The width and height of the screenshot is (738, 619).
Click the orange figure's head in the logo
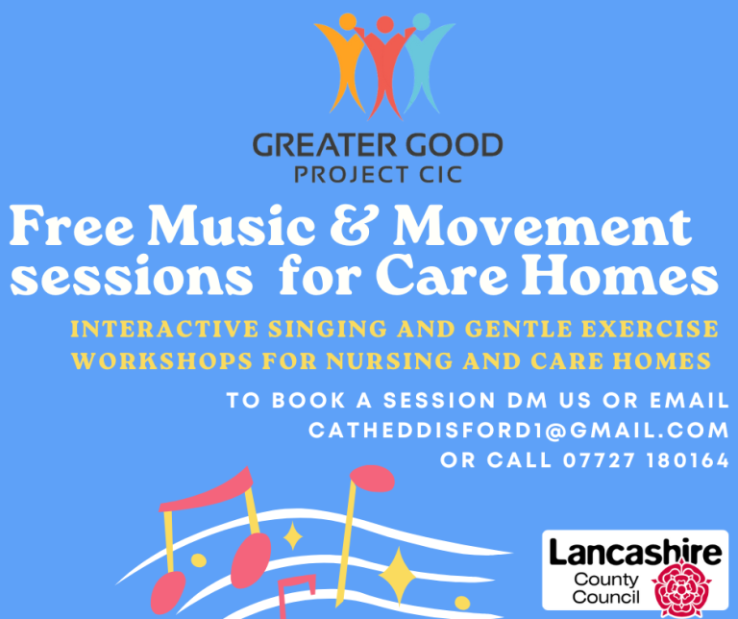(347, 21)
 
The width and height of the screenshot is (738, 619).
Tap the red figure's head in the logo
(385, 24)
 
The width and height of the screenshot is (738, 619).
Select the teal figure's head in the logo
(421, 21)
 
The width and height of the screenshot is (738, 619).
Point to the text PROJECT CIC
(379, 175)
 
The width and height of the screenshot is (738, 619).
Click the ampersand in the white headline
(354, 226)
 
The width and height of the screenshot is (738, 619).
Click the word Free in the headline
(71, 226)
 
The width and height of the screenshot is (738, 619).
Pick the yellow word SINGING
(328, 329)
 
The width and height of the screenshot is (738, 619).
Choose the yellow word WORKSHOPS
(161, 361)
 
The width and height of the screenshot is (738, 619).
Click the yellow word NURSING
(389, 361)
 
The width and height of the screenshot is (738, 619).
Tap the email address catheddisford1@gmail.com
(519, 431)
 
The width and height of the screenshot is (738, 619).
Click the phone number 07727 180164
(646, 460)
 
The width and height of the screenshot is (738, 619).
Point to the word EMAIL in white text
(690, 401)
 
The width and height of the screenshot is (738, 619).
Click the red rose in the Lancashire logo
(681, 588)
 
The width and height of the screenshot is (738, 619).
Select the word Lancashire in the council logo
(635, 552)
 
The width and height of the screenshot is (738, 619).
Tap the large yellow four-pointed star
(398, 576)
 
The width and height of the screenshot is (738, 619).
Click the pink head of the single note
(373, 479)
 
